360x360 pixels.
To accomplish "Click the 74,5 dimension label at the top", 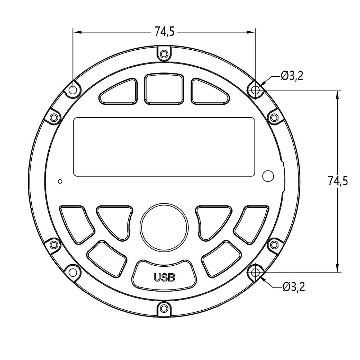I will click(165, 32).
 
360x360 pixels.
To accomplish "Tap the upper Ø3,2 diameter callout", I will click(292, 76).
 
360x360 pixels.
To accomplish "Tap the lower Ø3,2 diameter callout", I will click(293, 287).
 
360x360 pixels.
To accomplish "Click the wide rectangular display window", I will click(164, 147).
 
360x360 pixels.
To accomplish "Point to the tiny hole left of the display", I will click(60, 181).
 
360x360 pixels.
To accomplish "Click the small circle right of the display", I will click(268, 176).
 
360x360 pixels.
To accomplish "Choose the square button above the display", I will click(164, 89).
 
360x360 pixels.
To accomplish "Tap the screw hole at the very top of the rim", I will click(164, 54).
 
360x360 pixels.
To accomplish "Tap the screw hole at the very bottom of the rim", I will click(164, 308).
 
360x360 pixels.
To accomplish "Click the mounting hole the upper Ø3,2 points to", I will click(256, 90).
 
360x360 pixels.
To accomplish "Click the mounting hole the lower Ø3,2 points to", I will click(256, 273).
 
